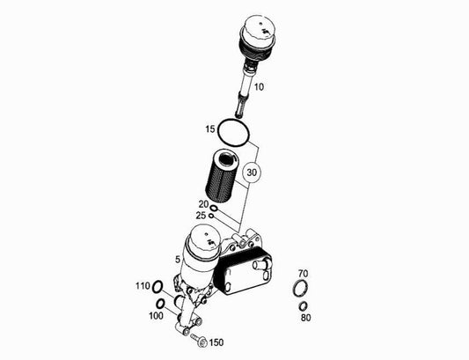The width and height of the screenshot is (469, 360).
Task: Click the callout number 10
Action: coord(259,87)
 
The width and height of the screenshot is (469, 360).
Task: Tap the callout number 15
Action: coord(210,129)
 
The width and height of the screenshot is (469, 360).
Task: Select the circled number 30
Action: coord(252,173)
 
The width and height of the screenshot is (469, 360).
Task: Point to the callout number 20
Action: coord(203,204)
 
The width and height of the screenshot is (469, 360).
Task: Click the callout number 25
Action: coord(201,216)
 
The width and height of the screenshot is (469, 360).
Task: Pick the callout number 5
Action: coord(178,260)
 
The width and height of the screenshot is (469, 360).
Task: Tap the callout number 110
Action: coord(143,286)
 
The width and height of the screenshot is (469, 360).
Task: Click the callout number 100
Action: coord(156,316)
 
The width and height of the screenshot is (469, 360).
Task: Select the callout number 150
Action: coord(216,342)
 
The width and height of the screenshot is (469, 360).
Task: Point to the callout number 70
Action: coord(303,274)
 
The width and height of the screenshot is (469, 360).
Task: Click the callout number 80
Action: coord(305,318)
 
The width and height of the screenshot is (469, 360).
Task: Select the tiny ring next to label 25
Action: coord(211,215)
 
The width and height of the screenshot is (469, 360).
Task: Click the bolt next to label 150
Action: coord(199,340)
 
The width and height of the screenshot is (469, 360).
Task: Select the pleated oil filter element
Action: coord(222,177)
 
